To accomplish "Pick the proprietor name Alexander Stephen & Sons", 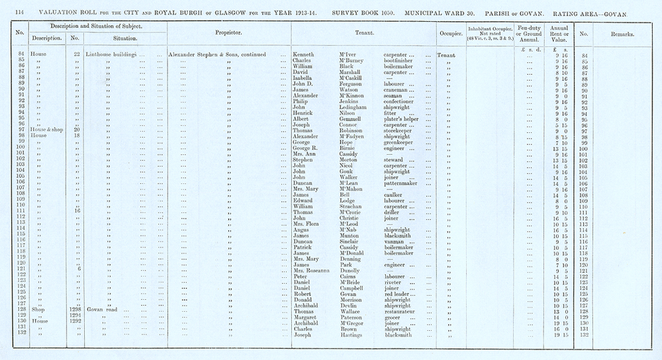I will click(x=207, y=55).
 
